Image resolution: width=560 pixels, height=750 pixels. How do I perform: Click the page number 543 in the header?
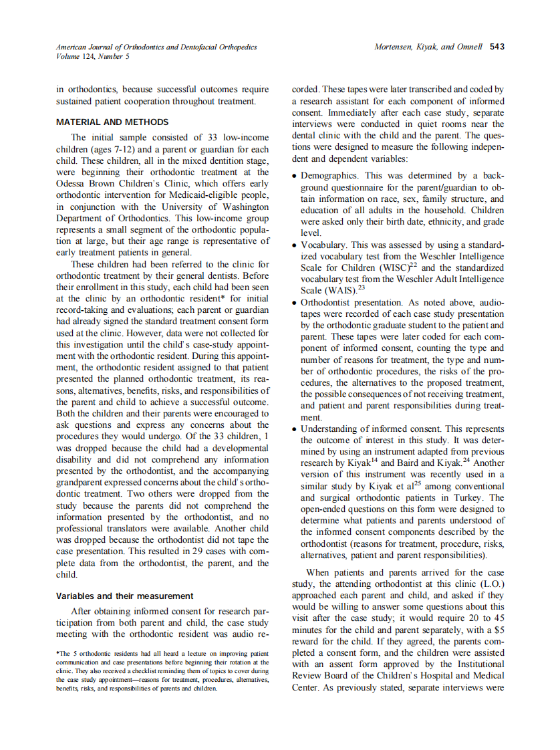tap(497, 47)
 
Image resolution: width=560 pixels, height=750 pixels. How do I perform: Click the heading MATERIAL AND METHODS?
tap(112, 122)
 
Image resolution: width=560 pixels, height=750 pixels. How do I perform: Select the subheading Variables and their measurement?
tap(124, 596)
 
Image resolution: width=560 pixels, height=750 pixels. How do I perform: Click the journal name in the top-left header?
tap(156, 47)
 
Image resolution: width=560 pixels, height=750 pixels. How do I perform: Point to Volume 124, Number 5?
tap(93, 56)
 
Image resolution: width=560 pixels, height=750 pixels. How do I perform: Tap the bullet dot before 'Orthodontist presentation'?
tap(295, 303)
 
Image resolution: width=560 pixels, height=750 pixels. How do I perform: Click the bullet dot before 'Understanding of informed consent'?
tap(295, 428)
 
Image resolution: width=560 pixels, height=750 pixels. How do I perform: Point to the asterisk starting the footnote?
tap(57, 654)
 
